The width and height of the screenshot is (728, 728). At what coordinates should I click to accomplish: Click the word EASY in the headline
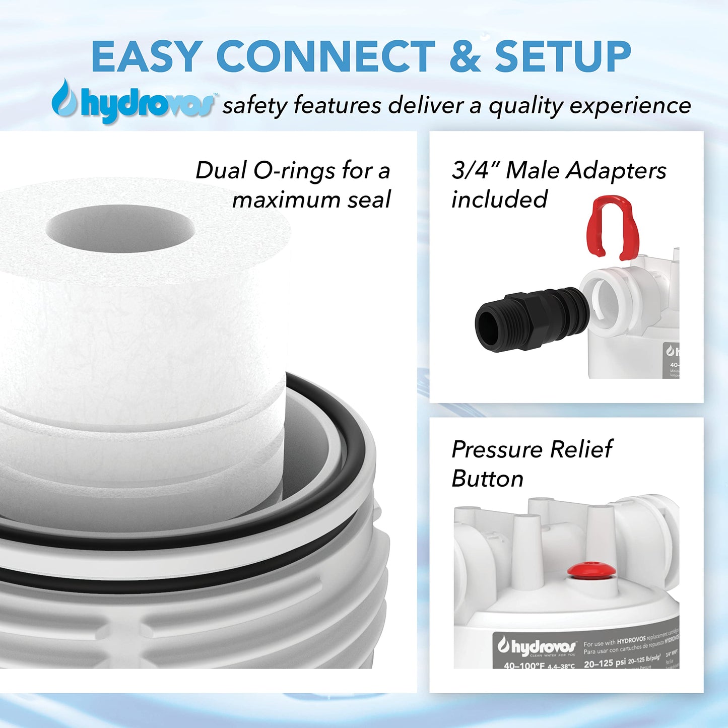click(x=147, y=56)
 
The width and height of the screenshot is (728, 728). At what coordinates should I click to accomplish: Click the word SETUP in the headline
click(x=563, y=56)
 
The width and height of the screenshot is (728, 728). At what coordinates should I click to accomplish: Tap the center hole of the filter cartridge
click(x=120, y=229)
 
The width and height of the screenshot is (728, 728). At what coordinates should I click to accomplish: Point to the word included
click(x=499, y=200)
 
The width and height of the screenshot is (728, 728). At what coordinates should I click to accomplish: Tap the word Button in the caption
click(x=487, y=479)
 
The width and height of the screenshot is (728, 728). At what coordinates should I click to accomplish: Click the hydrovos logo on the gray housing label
click(x=537, y=646)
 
